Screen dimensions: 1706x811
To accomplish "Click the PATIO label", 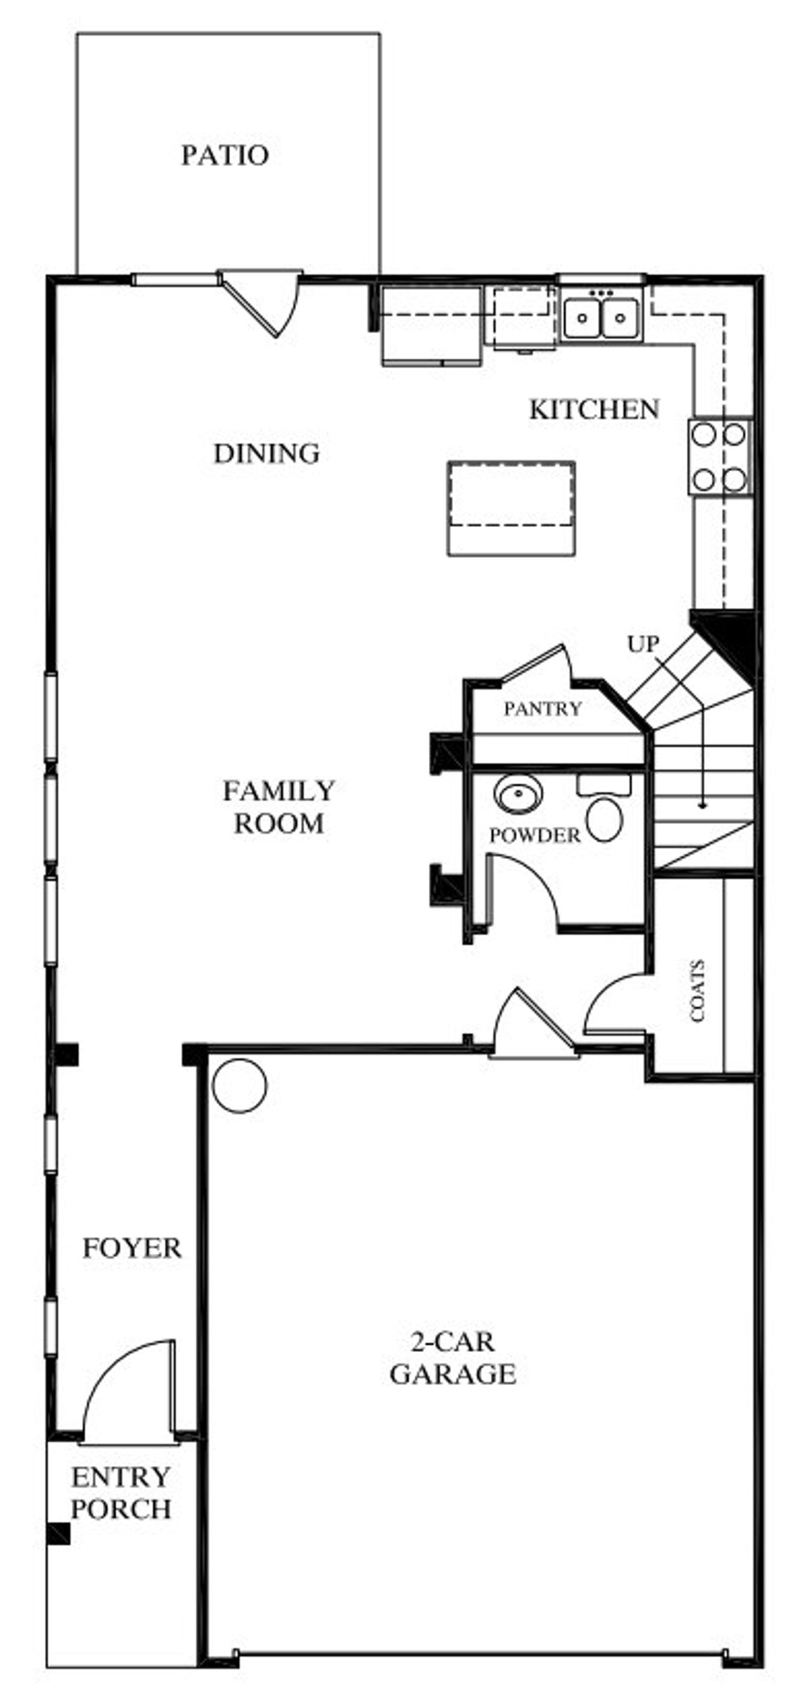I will click(x=226, y=156).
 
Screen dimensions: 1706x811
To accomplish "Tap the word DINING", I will click(x=266, y=453).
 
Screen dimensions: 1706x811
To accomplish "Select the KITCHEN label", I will click(x=594, y=410).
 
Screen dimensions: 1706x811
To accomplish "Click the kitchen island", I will click(x=511, y=509).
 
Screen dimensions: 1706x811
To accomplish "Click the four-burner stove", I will click(x=720, y=458).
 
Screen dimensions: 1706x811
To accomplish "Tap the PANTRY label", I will click(x=542, y=709).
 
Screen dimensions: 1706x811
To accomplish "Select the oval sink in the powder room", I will click(x=518, y=793).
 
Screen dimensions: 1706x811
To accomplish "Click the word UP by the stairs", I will click(x=642, y=644).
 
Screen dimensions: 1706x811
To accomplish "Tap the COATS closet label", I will click(x=698, y=992).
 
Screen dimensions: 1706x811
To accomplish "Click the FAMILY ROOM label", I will click(x=279, y=807).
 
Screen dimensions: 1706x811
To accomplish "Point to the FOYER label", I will click(x=132, y=1248).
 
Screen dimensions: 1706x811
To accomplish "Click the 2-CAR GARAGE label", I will click(x=452, y=1358).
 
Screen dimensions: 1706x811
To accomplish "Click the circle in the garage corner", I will click(x=239, y=1085).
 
